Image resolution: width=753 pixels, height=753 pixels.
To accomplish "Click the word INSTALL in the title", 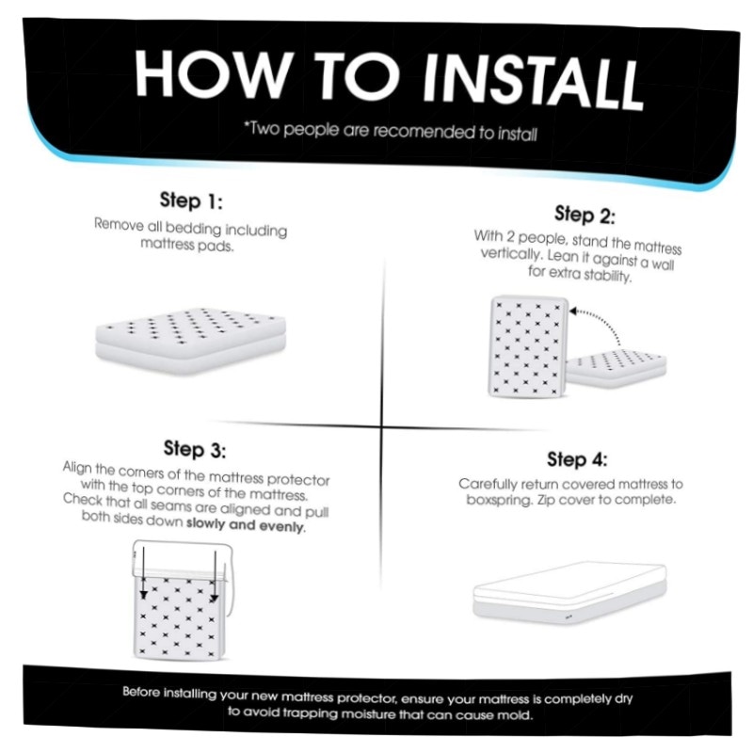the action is (532, 81).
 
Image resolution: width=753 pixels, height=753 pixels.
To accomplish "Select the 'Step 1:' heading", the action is (191, 200).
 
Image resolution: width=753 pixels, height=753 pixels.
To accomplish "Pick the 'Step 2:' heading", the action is (585, 216).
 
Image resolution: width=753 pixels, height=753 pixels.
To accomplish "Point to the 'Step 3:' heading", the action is (195, 449).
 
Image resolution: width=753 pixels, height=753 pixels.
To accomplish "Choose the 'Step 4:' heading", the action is (577, 459).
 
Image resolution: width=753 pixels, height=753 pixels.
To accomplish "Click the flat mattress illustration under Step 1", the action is (191, 340).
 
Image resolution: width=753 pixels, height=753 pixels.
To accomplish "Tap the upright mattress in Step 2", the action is (528, 346).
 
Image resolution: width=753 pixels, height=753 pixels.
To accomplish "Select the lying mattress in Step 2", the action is (617, 367).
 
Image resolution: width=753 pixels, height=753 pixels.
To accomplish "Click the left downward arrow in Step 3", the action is (143, 572).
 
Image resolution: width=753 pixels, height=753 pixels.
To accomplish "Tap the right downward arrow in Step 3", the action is (215, 576).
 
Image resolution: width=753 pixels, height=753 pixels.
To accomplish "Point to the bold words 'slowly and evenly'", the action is (245, 524).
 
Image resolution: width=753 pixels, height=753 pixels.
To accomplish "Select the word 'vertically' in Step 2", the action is (512, 254).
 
